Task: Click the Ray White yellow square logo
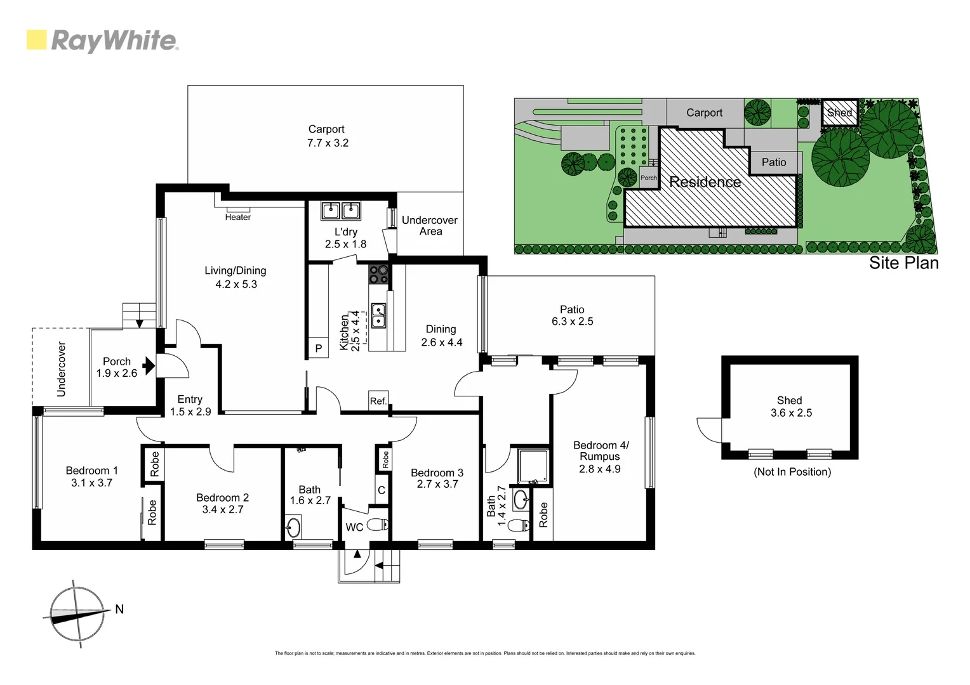[x=36, y=39]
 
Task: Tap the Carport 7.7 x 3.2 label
[x=327, y=136]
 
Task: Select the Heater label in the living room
[x=237, y=218]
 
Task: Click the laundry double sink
[x=341, y=211]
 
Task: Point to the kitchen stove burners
[x=379, y=274]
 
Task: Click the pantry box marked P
[x=318, y=348]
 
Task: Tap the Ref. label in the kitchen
[x=378, y=401]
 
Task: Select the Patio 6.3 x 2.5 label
[x=572, y=315]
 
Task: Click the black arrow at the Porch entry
[x=149, y=365]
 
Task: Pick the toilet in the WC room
[x=378, y=525]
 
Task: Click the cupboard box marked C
[x=382, y=490]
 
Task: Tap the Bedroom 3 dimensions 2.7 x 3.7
[x=437, y=485]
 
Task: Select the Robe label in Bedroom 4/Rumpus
[x=543, y=515]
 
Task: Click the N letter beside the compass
[x=119, y=609]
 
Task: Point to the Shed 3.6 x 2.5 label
[x=790, y=407]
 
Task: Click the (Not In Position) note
[x=792, y=472]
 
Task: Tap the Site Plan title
[x=903, y=263]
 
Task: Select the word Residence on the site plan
[x=705, y=183]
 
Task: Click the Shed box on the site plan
[x=839, y=113]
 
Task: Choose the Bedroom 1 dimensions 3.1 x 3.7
[x=91, y=483]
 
